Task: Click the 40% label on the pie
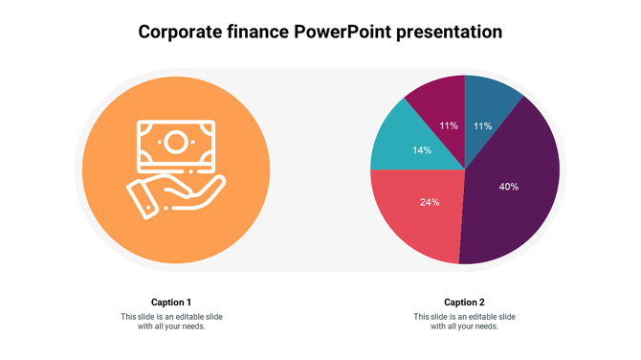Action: [509, 187]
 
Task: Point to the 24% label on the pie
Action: [430, 202]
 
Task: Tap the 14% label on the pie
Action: [422, 150]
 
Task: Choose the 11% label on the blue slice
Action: [483, 125]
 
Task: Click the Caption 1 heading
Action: [171, 303]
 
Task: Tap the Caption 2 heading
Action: [464, 303]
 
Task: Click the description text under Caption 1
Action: [171, 322]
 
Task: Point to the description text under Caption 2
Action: [464, 322]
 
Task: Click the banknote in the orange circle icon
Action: [175, 145]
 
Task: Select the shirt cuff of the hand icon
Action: [142, 198]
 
